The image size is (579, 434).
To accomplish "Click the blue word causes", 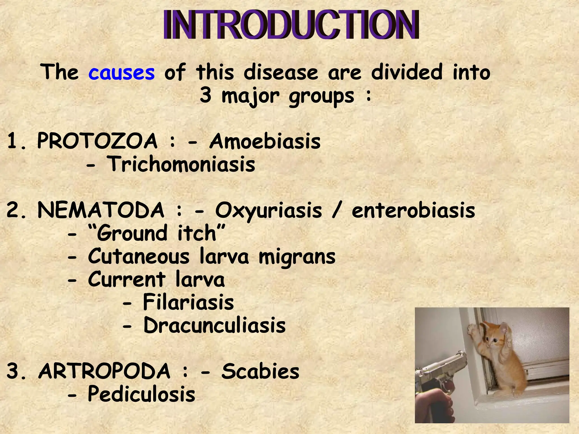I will pos(122,73).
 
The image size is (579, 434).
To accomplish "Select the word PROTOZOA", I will pos(97,141).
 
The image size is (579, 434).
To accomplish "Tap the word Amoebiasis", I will pos(265,141).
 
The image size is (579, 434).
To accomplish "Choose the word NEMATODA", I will pos(101,210).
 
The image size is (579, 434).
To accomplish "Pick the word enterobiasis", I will pos(413,211).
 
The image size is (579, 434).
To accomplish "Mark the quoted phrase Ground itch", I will pos(157,233).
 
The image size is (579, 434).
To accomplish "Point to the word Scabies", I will pos(260,371).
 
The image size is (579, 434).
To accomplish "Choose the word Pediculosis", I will pos(141,394).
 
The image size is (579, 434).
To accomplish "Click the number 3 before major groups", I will pos(206,95).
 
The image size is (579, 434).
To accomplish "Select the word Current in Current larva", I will pos(127,279).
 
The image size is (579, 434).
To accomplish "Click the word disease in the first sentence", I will pos(281,72).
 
